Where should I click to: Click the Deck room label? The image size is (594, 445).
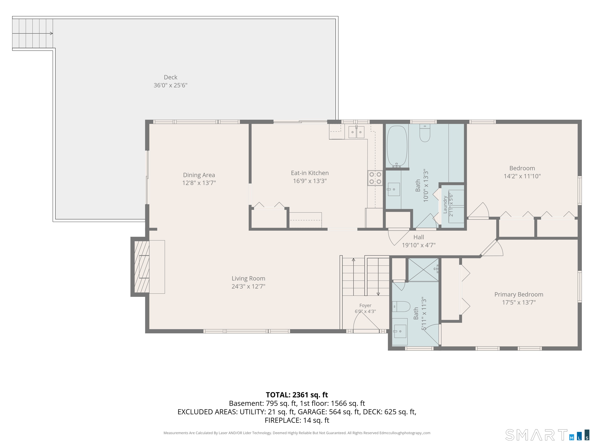171,77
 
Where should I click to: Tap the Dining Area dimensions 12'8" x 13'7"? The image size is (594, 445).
199,183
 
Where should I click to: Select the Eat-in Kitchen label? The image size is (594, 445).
310,173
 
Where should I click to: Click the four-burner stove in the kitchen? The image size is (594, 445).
375,178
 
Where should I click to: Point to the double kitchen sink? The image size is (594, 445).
356,132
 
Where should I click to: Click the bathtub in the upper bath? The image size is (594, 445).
397,146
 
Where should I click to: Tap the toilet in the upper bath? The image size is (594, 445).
425,133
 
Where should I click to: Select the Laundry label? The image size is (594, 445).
445,205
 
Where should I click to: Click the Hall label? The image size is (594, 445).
419,237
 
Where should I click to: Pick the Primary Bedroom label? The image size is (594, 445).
519,295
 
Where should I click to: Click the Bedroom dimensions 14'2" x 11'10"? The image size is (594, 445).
522,176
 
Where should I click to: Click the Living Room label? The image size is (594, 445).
248,279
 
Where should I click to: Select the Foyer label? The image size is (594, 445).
365,306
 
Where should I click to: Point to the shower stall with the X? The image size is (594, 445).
423,270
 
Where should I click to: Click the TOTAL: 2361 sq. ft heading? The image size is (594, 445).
297,395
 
